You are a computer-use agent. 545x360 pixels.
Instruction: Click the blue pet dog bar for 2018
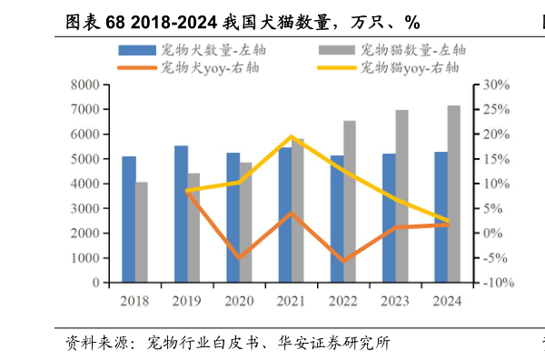coord(129,219)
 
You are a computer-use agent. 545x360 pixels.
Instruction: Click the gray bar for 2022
coord(350,202)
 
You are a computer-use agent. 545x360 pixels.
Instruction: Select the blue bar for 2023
coord(389,218)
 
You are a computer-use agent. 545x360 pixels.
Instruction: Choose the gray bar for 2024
coord(454,194)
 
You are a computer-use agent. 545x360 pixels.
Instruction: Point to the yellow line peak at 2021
coord(292,136)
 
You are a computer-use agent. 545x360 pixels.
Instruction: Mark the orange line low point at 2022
coord(343,261)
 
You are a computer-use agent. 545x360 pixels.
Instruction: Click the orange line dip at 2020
coord(240,258)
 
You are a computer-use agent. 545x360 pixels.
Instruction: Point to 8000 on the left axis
coord(86,85)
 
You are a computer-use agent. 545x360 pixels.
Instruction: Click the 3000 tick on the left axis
coord(86,208)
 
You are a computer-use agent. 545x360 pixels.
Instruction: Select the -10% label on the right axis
coord(497,283)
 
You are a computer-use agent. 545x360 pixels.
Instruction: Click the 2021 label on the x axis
coord(291,301)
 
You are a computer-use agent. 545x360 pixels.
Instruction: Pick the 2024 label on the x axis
coord(447,301)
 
